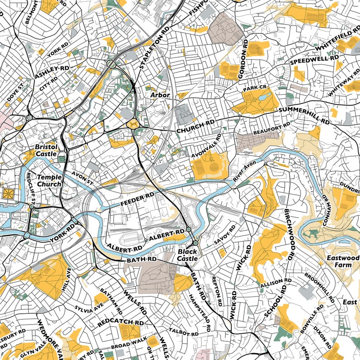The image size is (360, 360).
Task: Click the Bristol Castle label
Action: tap(46, 151)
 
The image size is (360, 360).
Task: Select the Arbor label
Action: tap(161, 95)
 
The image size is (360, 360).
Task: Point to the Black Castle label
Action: tap(187, 254)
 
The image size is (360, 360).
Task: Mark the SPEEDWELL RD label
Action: tap(315, 60)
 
